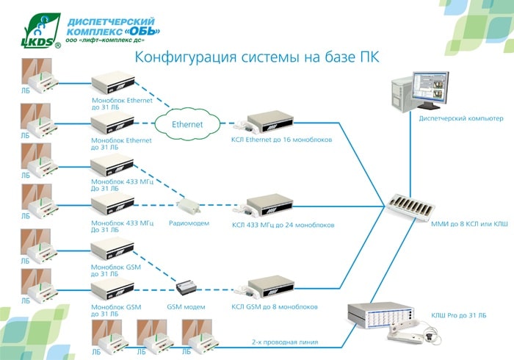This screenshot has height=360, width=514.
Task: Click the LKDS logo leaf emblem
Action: click(41, 31)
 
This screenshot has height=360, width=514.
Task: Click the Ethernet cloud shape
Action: click(187, 124)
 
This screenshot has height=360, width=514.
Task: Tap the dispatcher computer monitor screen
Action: click(430, 87)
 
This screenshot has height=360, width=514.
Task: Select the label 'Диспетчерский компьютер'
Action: click(461, 118)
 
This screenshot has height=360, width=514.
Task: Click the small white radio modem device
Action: click(188, 206)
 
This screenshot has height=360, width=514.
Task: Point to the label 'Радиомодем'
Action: click(189, 223)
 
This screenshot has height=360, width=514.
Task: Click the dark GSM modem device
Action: click(187, 287)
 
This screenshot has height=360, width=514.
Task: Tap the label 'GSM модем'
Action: click(186, 307)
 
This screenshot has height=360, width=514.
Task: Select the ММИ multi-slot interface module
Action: click(410, 207)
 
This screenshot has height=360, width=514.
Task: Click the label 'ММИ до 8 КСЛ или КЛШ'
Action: click(469, 224)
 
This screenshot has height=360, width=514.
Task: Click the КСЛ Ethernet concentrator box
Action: click(269, 122)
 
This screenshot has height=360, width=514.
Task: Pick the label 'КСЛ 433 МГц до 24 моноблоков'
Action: click(283, 226)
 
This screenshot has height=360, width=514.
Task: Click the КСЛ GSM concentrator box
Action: click(270, 287)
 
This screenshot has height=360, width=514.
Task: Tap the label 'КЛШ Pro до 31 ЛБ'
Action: click(459, 315)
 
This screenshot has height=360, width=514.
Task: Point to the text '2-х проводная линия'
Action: click(285, 342)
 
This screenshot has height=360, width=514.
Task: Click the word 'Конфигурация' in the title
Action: click(186, 57)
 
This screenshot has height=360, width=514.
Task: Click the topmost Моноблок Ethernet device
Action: click(113, 82)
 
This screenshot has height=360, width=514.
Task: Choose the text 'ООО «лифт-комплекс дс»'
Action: click(105, 40)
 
